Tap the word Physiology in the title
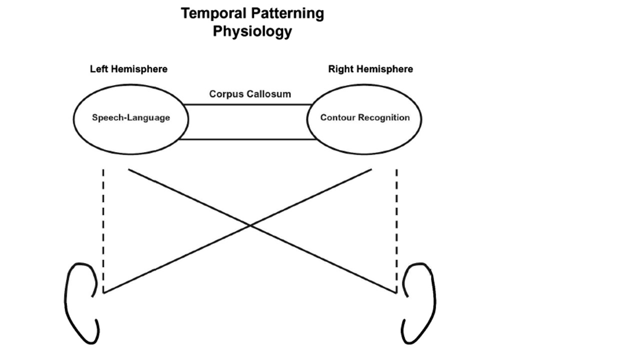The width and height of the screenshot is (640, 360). (x=252, y=31)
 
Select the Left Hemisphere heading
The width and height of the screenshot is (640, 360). (x=128, y=69)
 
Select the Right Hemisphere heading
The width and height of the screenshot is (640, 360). (x=370, y=69)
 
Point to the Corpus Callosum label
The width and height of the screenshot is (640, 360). (x=250, y=94)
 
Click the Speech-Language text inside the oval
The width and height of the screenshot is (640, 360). (x=131, y=118)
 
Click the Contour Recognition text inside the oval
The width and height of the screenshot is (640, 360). (x=365, y=118)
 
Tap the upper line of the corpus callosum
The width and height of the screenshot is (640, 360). (x=247, y=104)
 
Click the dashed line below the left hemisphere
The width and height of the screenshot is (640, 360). (x=103, y=230)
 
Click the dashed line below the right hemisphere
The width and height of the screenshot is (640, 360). (x=396, y=230)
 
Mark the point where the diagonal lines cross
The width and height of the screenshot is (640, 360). (x=250, y=225)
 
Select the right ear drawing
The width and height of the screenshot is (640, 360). (x=419, y=302)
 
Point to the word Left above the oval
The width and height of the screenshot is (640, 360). (x=98, y=69)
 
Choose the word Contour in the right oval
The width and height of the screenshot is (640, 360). (x=335, y=118)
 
